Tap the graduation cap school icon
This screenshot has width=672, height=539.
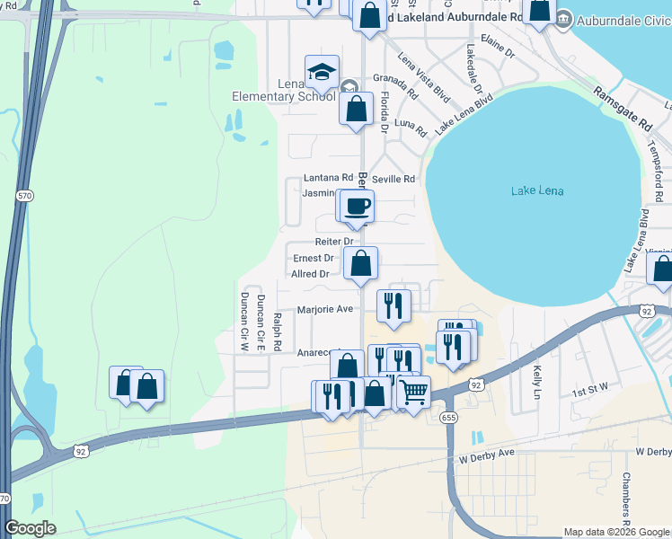(x=321, y=72)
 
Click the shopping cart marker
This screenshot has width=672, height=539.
(x=413, y=392)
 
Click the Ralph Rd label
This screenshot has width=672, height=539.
(x=278, y=332)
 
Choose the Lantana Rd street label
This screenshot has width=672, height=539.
(x=328, y=179)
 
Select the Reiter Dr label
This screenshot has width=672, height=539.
(x=334, y=242)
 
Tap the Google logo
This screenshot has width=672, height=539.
(x=31, y=528)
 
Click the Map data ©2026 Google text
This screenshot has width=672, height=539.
(x=616, y=532)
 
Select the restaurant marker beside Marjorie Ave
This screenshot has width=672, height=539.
(x=393, y=305)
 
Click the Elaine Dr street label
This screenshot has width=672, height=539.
(x=497, y=54)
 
